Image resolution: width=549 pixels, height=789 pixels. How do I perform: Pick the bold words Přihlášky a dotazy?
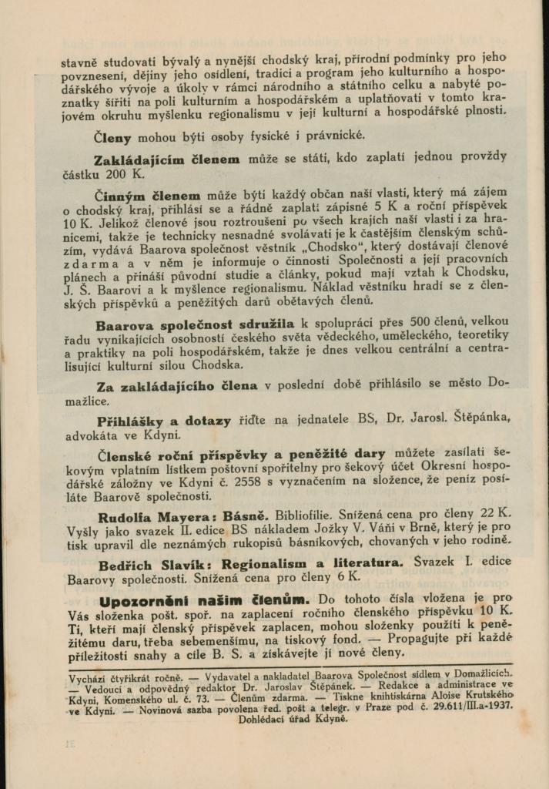[164, 421]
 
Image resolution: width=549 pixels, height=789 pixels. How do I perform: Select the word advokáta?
[89, 435]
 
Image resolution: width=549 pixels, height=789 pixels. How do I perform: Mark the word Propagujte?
[427, 640]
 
